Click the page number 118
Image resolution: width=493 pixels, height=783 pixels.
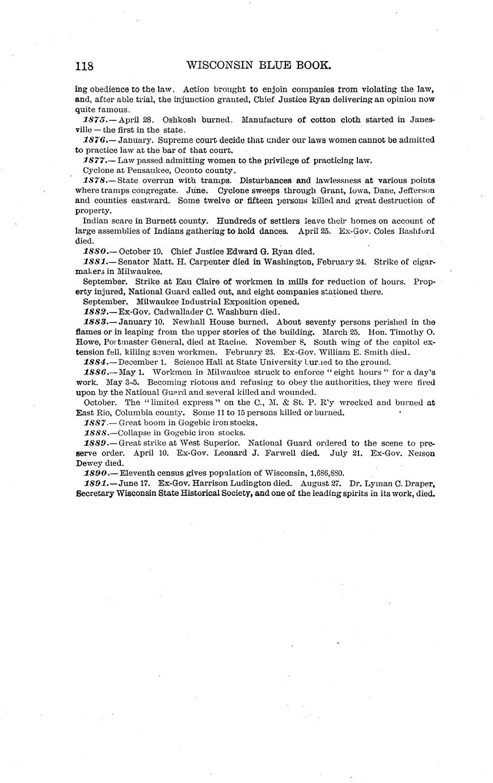[84, 66]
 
